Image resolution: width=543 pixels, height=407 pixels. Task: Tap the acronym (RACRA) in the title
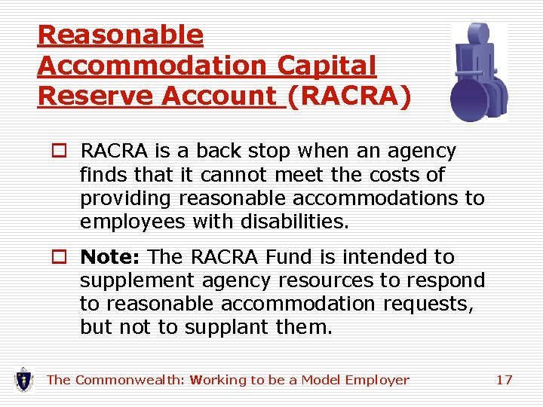point(349,96)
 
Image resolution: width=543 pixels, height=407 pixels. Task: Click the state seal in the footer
point(24,379)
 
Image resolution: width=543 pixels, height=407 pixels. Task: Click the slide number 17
point(504,380)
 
